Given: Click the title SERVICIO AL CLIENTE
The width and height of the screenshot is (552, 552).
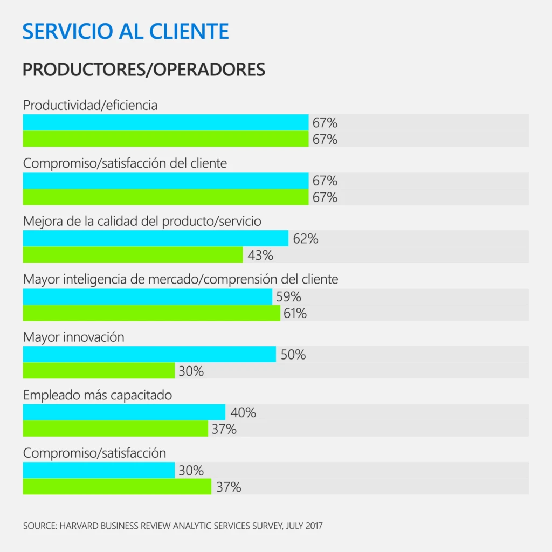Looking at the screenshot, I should (x=126, y=31).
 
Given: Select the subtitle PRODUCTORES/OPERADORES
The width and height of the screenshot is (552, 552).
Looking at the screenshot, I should (x=144, y=70).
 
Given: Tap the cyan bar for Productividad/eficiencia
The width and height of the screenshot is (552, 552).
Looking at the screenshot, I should (x=165, y=122).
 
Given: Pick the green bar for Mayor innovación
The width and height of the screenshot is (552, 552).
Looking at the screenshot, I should (x=99, y=371).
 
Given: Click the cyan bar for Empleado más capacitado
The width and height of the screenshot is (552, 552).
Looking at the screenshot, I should (x=124, y=412).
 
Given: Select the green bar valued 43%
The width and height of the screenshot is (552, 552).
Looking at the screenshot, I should (x=133, y=255).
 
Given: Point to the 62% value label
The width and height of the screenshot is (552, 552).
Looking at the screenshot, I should (x=306, y=238).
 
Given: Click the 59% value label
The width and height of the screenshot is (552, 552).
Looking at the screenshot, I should (x=288, y=296).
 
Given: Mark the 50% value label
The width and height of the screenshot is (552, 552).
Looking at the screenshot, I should (x=293, y=355).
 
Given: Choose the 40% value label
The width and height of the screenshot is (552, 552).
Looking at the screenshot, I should (x=243, y=413).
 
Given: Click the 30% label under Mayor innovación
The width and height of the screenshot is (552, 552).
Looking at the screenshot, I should (x=191, y=371).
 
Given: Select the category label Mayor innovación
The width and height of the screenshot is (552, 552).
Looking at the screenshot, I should (x=74, y=337).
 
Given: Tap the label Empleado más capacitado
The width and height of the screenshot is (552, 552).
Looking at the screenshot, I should (x=98, y=395).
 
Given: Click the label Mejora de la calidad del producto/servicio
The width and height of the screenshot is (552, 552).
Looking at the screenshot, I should (x=142, y=221).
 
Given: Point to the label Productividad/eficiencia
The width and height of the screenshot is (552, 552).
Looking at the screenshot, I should (x=91, y=105).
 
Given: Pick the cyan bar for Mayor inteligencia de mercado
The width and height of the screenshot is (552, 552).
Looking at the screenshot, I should (x=147, y=296).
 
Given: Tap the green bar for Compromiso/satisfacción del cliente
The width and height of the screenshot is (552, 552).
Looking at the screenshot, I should (x=165, y=197).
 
